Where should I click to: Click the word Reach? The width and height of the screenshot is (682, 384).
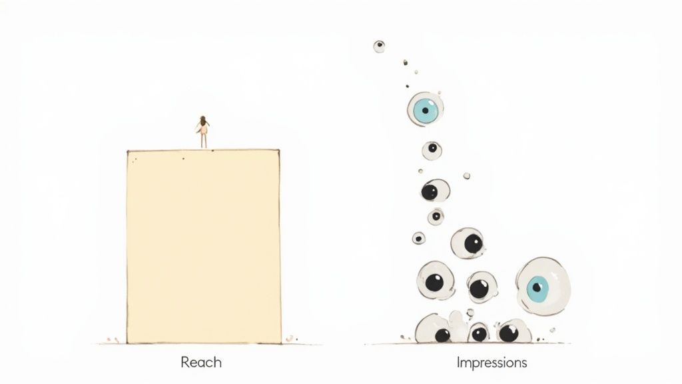[x=201, y=362]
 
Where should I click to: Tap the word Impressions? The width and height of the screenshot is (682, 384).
[x=492, y=363]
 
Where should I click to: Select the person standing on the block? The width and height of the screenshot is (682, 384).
[x=202, y=132]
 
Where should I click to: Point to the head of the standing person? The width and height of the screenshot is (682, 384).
[x=202, y=119]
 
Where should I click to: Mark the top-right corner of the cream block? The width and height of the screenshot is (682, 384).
[x=279, y=150]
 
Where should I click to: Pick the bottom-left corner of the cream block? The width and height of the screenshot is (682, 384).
[x=127, y=343]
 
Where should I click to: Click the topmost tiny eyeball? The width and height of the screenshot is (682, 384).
[x=379, y=47]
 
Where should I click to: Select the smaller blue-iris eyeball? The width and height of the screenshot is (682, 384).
[x=426, y=109]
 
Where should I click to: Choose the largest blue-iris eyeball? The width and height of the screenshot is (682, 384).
[x=543, y=287]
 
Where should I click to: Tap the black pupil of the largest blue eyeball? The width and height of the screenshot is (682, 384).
[x=537, y=287]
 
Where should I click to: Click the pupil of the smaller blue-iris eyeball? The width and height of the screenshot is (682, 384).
[x=425, y=111]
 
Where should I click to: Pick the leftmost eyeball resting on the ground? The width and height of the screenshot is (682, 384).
[x=433, y=329]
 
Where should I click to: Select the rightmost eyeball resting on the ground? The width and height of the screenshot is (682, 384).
[x=513, y=331]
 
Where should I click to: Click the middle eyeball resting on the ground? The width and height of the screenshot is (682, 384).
[x=478, y=333]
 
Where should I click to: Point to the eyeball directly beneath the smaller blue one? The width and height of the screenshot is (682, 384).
[x=432, y=151]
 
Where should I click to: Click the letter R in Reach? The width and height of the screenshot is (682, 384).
[x=185, y=362]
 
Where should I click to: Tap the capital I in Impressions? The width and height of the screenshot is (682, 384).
[x=458, y=362]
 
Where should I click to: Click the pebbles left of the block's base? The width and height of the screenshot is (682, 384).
[x=113, y=339]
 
